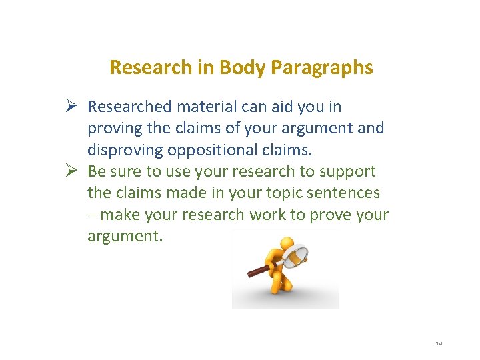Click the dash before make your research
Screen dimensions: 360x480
pyautogui.click(x=91, y=215)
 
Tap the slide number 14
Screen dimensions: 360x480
pyautogui.click(x=439, y=343)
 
